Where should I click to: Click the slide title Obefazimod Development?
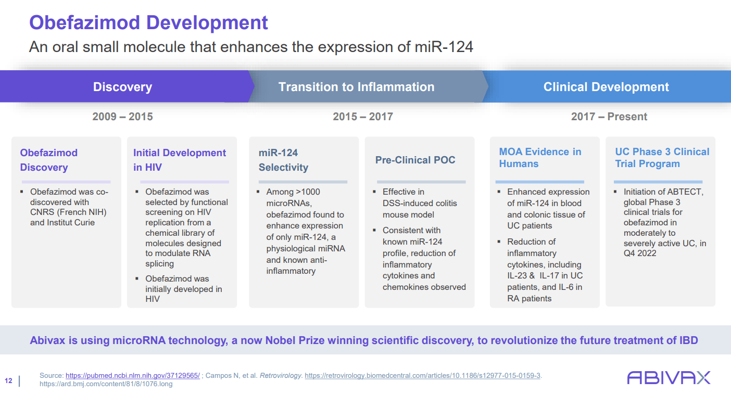148,23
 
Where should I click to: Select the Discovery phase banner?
122,87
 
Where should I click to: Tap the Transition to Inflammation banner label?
356,87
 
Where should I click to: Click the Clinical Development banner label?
606,87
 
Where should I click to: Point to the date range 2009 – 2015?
122,117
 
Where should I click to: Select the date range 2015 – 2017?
363,117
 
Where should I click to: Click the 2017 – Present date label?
609,117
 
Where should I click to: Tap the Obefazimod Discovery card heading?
49,160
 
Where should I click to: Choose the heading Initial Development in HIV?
180,160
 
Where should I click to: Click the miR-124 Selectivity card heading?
283,160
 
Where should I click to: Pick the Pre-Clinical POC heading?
415,160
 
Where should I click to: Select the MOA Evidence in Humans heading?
540,157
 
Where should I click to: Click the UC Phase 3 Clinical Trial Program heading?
662,157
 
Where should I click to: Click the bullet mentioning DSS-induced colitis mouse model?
420,203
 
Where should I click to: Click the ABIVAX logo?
669,377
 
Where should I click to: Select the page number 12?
8,380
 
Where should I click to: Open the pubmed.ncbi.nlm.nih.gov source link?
132,375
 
